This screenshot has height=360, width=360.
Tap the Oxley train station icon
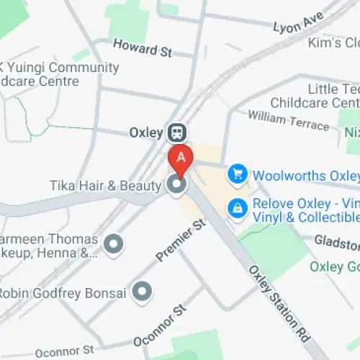coord(176,132)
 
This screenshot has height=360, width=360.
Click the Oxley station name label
coord(146,132)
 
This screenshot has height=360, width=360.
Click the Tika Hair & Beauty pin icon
coord(176,186)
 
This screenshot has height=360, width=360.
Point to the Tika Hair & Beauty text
coord(105,186)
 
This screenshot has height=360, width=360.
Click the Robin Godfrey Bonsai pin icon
coord(144,292)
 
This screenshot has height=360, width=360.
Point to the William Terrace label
coord(288,119)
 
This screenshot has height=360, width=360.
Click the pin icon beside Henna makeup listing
coord(113,245)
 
